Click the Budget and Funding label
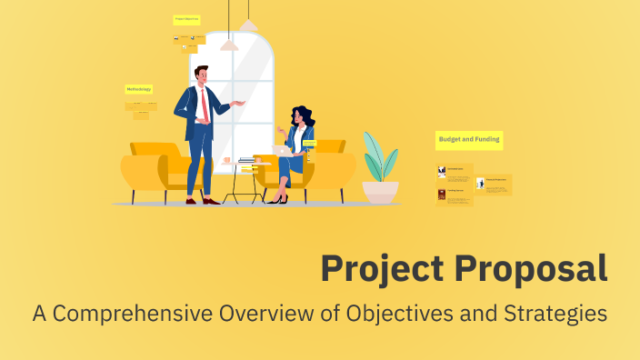click(469, 140)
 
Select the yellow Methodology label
click(139, 89)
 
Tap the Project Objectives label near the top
click(186, 18)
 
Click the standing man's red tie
click(205, 105)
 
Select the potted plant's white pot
click(380, 192)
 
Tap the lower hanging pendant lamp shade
click(229, 44)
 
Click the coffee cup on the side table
click(226, 162)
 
